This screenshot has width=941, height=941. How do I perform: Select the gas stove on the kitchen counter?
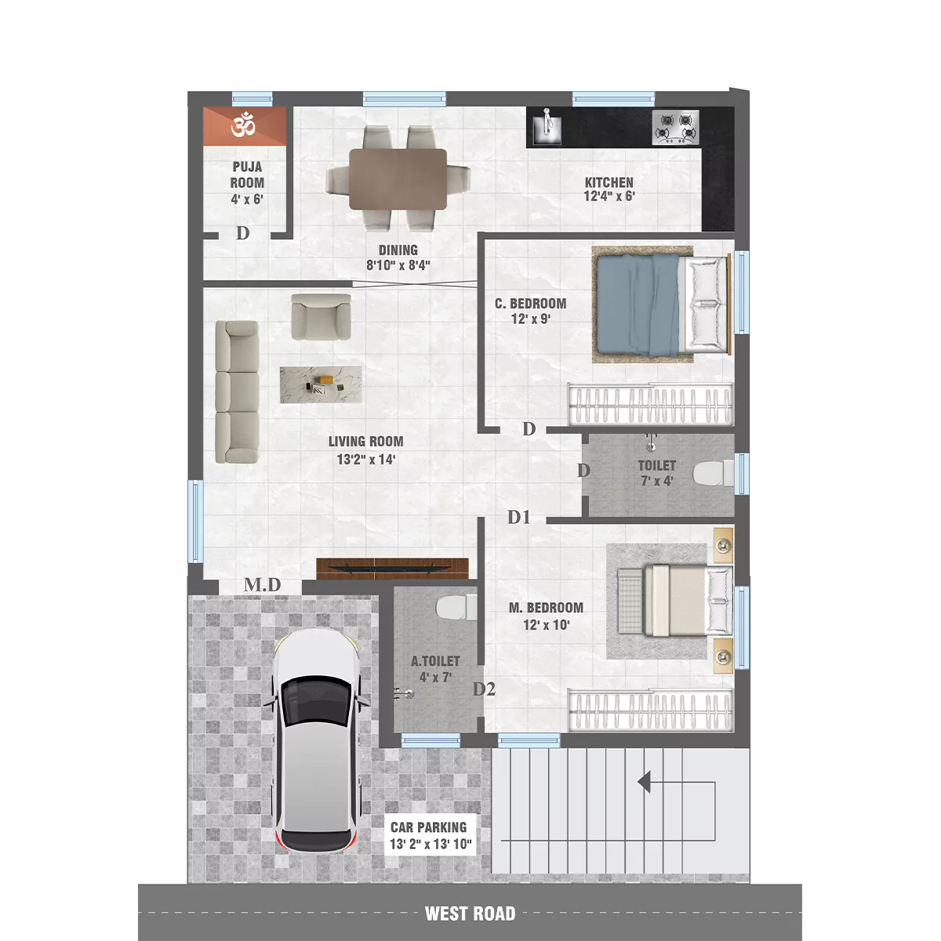[x=675, y=128]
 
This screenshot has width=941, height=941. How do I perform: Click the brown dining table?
[x=398, y=180]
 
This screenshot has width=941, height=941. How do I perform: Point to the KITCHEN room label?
[x=609, y=183]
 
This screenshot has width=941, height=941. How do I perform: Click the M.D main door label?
[x=263, y=585]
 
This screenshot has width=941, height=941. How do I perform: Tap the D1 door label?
[x=518, y=517]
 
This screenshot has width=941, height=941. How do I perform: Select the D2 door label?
[x=484, y=689]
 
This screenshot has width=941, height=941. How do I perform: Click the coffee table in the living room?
[x=321, y=385]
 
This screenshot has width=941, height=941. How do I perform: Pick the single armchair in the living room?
[x=321, y=317]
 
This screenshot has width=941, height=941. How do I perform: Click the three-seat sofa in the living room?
[x=238, y=391]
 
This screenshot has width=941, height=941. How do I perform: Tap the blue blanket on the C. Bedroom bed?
[x=638, y=305]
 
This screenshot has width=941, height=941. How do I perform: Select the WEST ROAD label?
[x=470, y=914]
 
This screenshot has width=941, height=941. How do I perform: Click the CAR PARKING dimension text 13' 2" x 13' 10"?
[x=431, y=845]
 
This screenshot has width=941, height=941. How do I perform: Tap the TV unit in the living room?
[x=393, y=569]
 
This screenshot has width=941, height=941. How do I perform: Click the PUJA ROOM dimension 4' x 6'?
[x=247, y=199]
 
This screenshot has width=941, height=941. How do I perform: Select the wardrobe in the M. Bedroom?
[x=650, y=710]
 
